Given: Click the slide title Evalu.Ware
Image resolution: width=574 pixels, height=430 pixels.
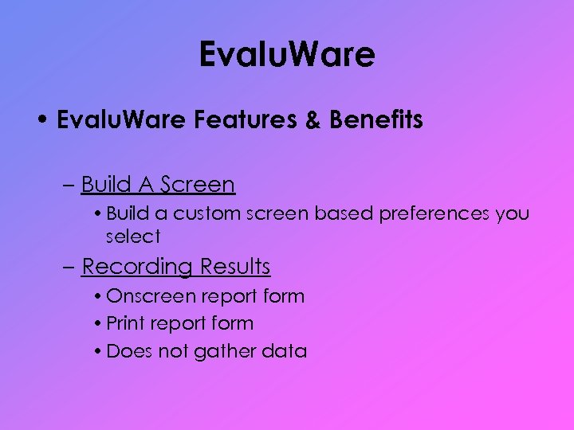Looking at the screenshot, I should point(287,55).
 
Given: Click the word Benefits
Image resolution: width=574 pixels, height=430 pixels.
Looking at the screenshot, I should point(375,120).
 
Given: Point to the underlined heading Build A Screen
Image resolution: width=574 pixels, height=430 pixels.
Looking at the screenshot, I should point(158,185).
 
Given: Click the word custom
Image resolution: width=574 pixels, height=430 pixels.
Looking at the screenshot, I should point(206,214).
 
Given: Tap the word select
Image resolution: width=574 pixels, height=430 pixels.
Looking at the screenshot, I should point(133,236).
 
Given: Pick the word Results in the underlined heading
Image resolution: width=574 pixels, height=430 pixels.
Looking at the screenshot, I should point(235,266).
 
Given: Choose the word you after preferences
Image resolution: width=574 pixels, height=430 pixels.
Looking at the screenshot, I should point(513,214).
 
